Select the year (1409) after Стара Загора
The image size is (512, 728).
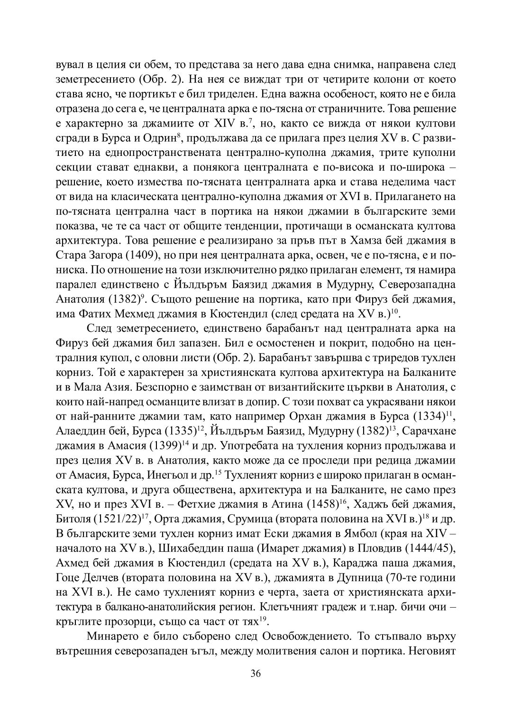coord(142,256)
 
